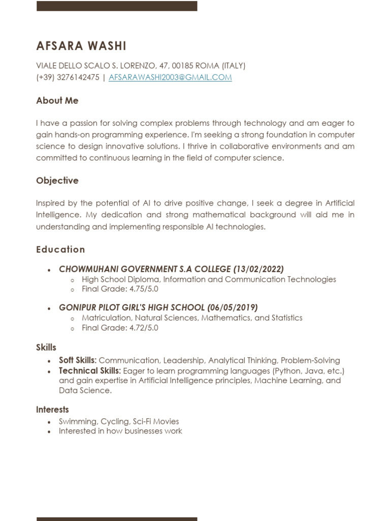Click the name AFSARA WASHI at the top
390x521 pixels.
[x=81, y=46]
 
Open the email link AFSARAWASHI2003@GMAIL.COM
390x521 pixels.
[x=170, y=77]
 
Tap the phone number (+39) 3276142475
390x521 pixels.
[x=68, y=77]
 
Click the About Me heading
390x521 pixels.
[x=57, y=101]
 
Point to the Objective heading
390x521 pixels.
[x=57, y=181]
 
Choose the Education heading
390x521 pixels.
[x=60, y=249]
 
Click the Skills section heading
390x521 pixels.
[x=46, y=348]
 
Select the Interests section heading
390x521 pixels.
[x=52, y=410]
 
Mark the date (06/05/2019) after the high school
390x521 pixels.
[x=233, y=307]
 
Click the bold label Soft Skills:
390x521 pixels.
[x=78, y=360]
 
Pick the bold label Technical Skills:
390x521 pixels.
[x=90, y=370]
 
